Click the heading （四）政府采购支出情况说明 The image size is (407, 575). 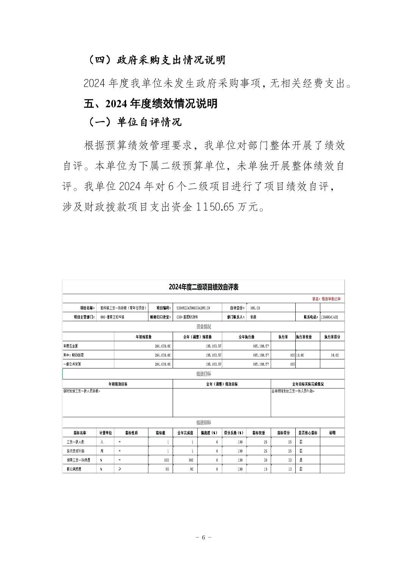click(x=156, y=60)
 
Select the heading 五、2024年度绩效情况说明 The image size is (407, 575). click(x=150, y=103)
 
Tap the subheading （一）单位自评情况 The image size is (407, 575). click(x=134, y=122)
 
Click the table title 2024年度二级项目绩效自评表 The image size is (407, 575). click(x=203, y=287)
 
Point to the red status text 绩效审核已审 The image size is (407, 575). click(x=331, y=299)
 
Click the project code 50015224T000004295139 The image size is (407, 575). click(x=193, y=308)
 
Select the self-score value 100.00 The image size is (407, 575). click(x=255, y=308)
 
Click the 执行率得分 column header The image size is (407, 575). click(x=332, y=337)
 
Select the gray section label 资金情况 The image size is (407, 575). click(x=203, y=327)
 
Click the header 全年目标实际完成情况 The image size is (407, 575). click(x=307, y=384)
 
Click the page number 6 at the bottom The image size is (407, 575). click(x=203, y=538)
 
